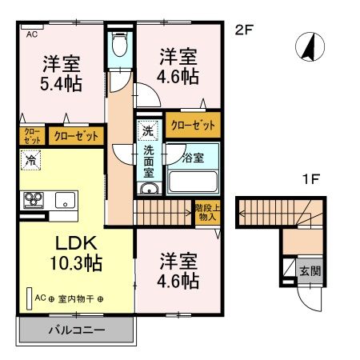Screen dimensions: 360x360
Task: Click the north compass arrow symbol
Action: [307, 47]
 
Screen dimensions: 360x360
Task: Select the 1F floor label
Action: [311, 178]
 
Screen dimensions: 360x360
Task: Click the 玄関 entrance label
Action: [310, 270]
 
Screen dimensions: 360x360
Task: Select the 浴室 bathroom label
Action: [192, 158]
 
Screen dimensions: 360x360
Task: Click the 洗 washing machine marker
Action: [148, 130]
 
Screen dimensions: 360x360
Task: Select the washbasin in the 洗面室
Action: [149, 189]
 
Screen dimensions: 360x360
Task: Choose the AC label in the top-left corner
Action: [32, 34]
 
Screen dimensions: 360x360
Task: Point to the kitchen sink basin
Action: [63, 200]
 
